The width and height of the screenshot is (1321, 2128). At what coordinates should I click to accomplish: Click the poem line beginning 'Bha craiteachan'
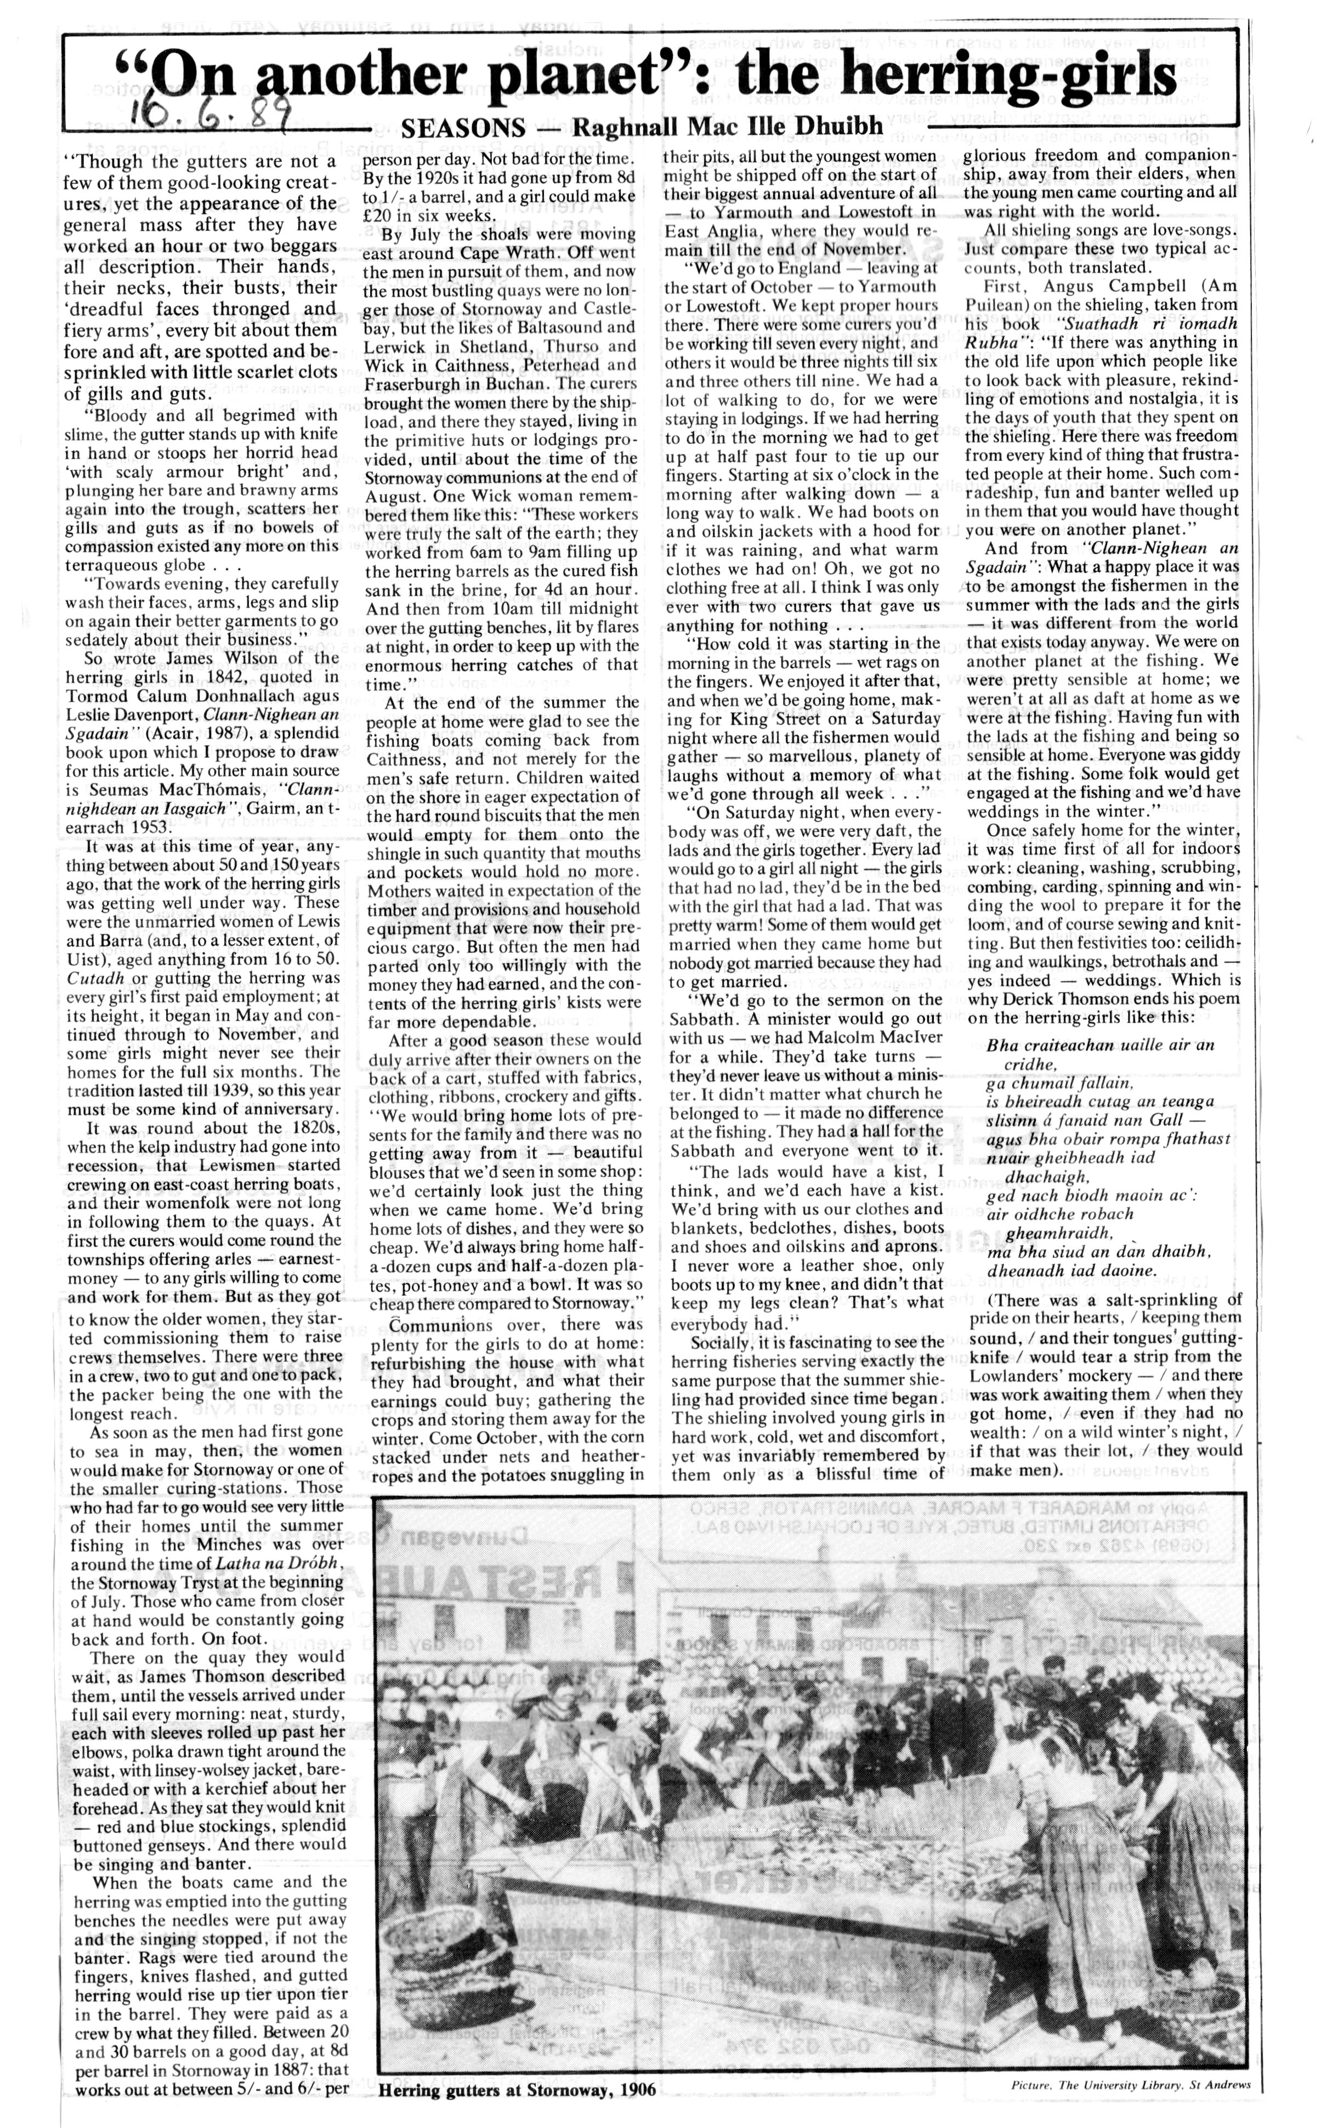[1099, 1046]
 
